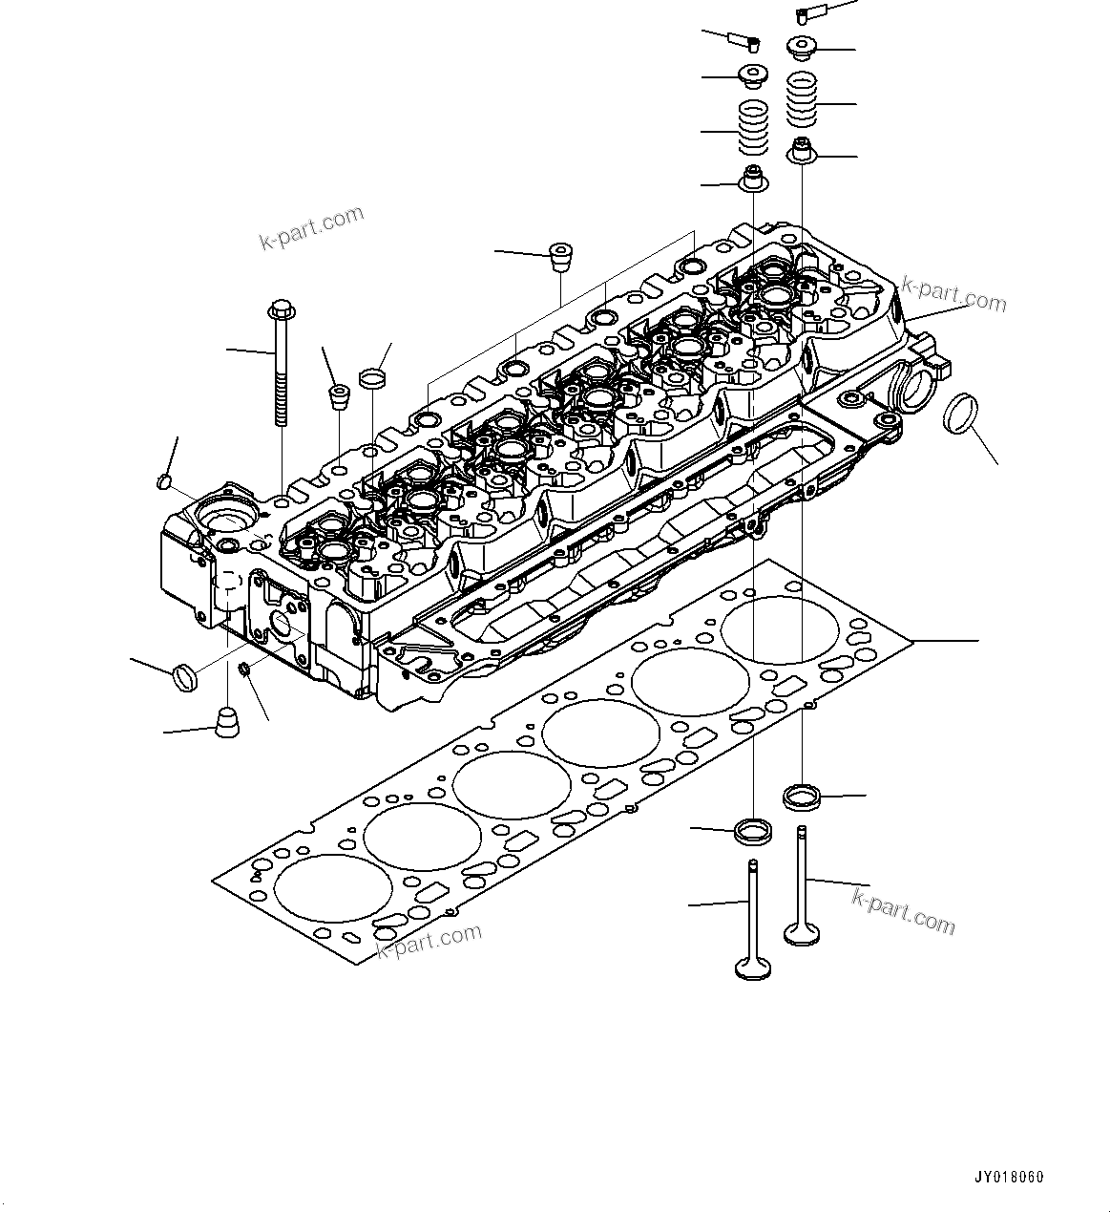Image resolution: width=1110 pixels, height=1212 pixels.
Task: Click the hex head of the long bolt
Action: pos(280,310)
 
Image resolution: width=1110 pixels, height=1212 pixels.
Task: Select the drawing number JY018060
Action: pos(1009,1177)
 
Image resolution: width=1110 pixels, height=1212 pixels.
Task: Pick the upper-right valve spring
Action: pos(804,99)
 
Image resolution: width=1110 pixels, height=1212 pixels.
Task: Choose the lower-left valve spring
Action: pos(756,130)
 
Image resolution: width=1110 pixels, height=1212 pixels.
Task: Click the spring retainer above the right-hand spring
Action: pos(801,46)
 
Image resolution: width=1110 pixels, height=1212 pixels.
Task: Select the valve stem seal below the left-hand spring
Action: pos(755,179)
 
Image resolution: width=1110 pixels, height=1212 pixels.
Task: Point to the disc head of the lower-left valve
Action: pos(754,968)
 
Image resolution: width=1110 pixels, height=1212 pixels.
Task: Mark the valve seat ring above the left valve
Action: pos(755,829)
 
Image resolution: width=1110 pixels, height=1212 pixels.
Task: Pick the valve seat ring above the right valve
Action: pos(802,794)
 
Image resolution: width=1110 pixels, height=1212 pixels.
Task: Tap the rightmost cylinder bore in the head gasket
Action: pos(780,630)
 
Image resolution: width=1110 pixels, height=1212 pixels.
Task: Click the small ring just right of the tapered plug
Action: pos(373,378)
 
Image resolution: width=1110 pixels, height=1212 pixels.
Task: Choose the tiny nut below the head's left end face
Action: pos(245,670)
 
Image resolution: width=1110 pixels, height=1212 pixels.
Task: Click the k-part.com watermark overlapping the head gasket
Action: pos(429,941)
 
